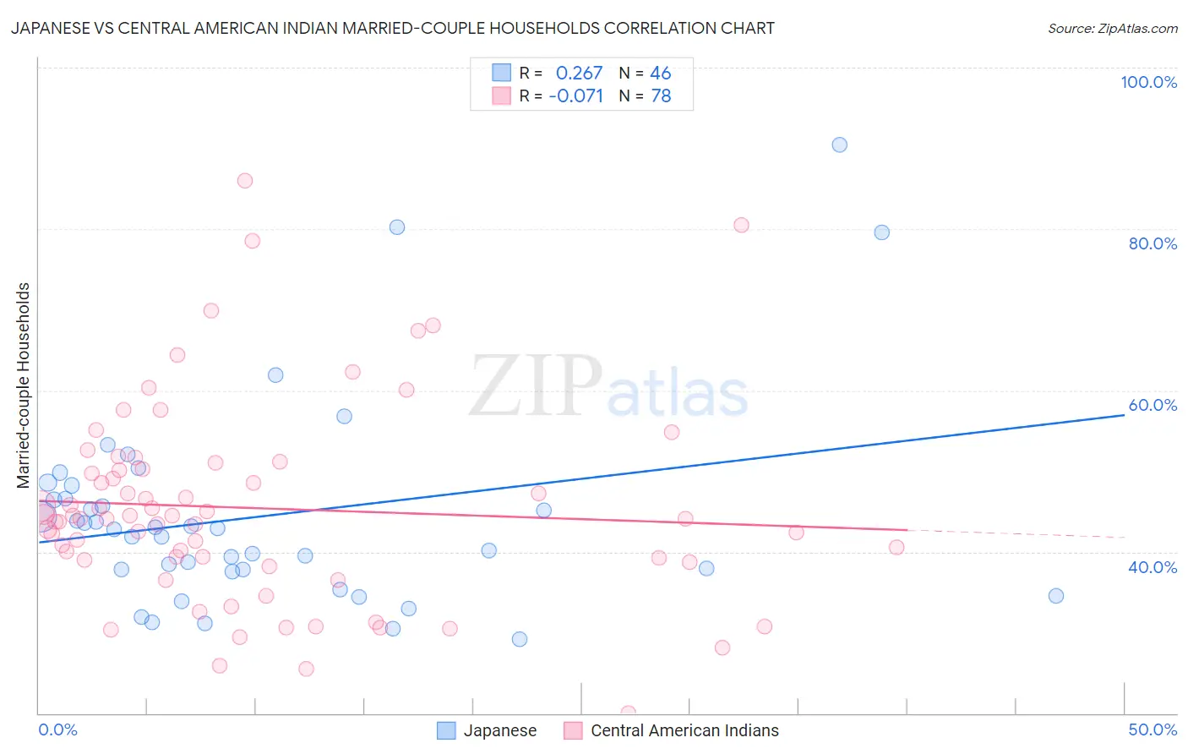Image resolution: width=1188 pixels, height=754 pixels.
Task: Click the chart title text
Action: pyautogui.click(x=392, y=29)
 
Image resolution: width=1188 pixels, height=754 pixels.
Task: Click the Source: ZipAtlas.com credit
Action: pyautogui.click(x=1112, y=29)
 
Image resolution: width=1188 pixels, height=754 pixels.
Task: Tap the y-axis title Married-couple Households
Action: pyautogui.click(x=24, y=385)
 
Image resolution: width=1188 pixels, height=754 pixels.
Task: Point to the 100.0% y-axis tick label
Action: pyautogui.click(x=1148, y=82)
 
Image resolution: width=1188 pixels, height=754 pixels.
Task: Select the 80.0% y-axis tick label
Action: pyautogui.click(x=1153, y=243)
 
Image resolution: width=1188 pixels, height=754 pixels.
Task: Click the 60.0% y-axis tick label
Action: pyautogui.click(x=1153, y=405)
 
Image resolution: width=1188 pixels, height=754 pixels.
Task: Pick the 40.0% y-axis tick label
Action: pyautogui.click(x=1153, y=567)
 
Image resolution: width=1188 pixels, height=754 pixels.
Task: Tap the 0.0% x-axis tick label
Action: pyautogui.click(x=57, y=729)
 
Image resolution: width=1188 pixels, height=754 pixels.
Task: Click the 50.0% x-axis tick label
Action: pyautogui.click(x=1153, y=729)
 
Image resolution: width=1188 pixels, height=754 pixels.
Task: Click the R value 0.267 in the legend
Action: pyautogui.click(x=579, y=73)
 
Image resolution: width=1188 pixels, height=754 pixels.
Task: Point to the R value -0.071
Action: pyautogui.click(x=575, y=96)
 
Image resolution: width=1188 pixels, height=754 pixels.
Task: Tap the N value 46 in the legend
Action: pyautogui.click(x=660, y=73)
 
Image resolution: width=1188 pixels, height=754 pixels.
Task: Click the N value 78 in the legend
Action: pyautogui.click(x=660, y=96)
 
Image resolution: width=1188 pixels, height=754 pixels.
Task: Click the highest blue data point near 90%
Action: pyautogui.click(x=839, y=145)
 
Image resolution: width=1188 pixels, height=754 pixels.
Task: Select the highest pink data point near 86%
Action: pyautogui.click(x=245, y=180)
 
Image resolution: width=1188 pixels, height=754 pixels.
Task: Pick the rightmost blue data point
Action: pyautogui.click(x=1055, y=596)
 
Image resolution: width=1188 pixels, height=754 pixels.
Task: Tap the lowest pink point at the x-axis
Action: pyautogui.click(x=628, y=713)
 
